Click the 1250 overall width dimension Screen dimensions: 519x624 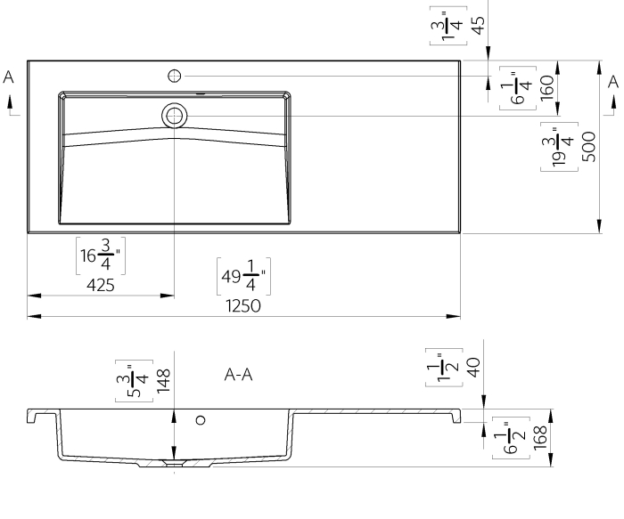243,306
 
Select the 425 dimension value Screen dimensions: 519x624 100,285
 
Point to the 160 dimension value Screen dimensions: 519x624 546,85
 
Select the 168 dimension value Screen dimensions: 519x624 539,437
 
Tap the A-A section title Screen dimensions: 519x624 239,376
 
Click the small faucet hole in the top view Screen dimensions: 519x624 176,76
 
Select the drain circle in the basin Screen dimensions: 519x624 175,114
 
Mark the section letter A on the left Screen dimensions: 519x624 9,78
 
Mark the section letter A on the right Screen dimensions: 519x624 612,81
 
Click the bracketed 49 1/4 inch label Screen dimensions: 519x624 243,276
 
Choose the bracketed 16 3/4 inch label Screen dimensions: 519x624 100,255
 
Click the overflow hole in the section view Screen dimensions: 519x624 201,420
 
